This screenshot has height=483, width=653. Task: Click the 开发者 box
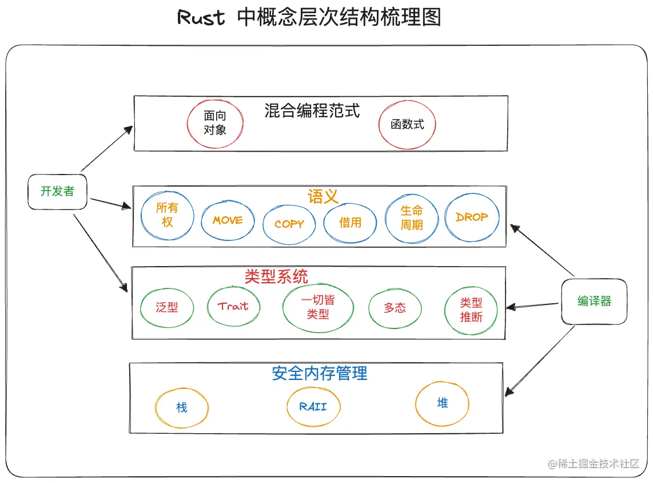58,191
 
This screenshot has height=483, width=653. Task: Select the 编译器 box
594,301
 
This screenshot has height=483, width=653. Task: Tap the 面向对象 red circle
215,123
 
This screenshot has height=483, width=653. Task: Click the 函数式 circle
407,124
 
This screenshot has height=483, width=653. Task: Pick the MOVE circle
228,220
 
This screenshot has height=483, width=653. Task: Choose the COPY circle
289,224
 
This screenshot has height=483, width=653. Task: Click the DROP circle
472,217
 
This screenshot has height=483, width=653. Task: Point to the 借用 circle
350,223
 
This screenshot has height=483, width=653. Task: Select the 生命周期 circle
412,218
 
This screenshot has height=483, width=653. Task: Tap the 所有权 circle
167,216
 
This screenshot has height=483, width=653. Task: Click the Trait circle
233,306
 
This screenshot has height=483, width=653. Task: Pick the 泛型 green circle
166,307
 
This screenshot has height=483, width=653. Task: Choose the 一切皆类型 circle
317,307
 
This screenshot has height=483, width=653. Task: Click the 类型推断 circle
471,310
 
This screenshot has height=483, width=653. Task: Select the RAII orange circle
313,406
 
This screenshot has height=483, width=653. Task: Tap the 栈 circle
181,407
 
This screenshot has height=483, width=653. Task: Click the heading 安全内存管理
319,374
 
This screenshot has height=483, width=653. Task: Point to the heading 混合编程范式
312,110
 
